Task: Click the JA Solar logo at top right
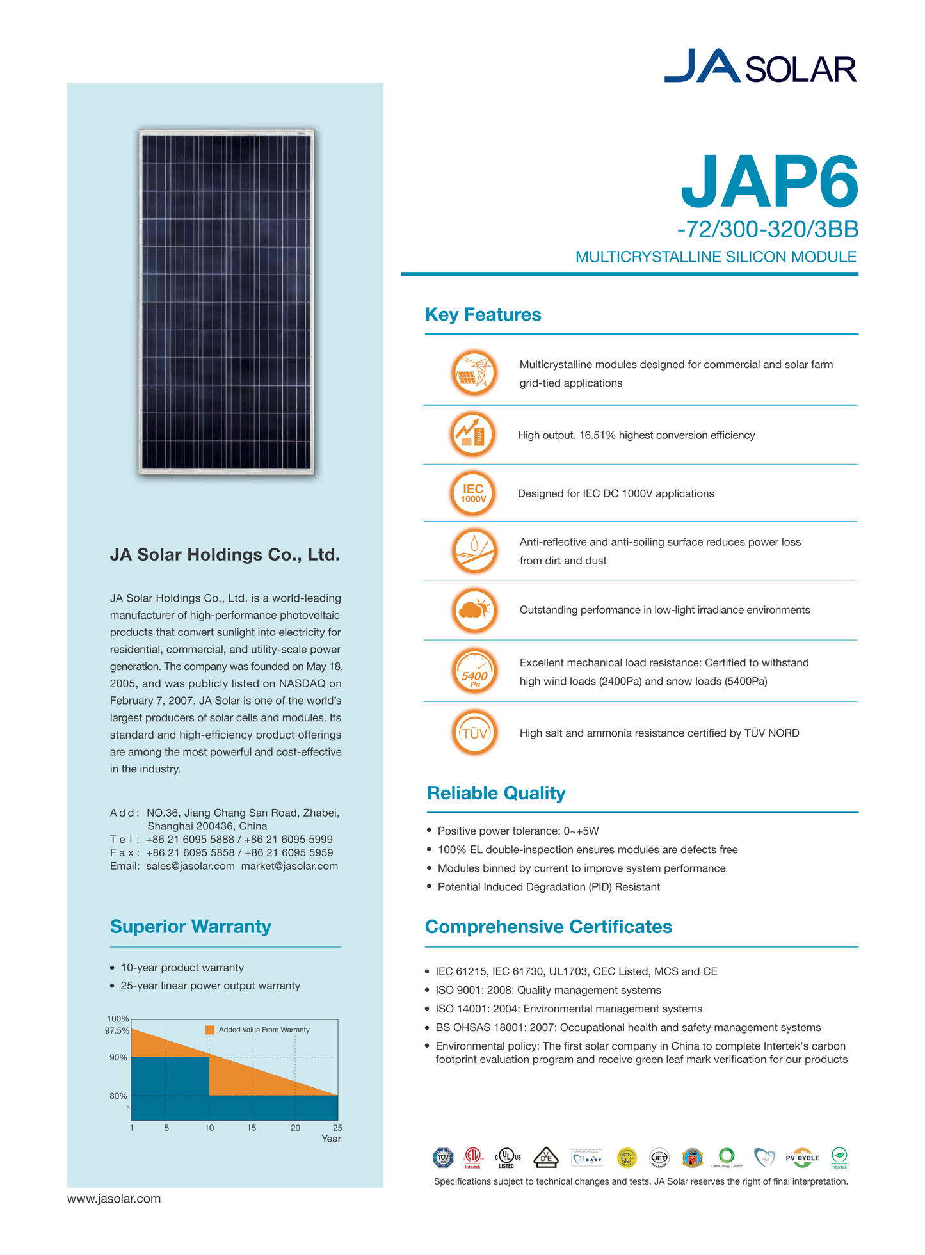click(x=760, y=66)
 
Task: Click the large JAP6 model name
click(x=768, y=182)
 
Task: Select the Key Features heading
click(x=483, y=315)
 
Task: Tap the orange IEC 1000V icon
click(x=473, y=493)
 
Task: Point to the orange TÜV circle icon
click(x=474, y=733)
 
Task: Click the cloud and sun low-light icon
click(x=474, y=610)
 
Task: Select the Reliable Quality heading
click(x=496, y=793)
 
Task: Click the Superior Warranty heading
click(x=190, y=927)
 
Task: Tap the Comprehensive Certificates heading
click(x=548, y=927)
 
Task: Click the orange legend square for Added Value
click(x=210, y=1030)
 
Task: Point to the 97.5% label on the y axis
click(x=117, y=1031)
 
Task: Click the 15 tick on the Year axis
click(x=252, y=1128)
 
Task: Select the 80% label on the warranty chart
click(x=118, y=1096)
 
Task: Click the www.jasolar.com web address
click(x=114, y=1199)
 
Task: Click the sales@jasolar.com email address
click(x=190, y=866)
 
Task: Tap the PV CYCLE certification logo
click(x=802, y=1158)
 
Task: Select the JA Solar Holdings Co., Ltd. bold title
click(x=225, y=555)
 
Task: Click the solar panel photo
click(x=227, y=301)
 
